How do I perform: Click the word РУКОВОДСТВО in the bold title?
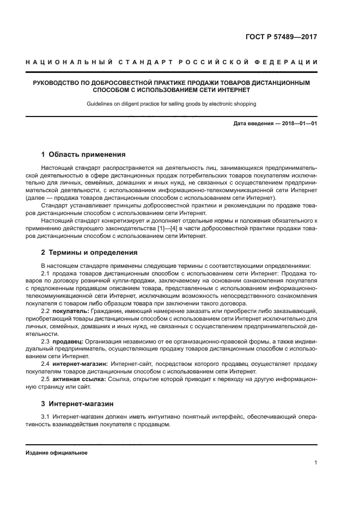coord(59,83)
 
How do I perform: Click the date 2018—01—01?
coord(298,124)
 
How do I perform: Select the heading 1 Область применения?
coord(83,155)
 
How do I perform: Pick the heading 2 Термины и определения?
coord(89,253)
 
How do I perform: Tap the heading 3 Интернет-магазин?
coord(77,404)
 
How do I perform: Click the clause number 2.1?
coord(46,273)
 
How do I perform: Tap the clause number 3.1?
coord(46,417)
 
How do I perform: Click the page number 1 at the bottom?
coord(315,463)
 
